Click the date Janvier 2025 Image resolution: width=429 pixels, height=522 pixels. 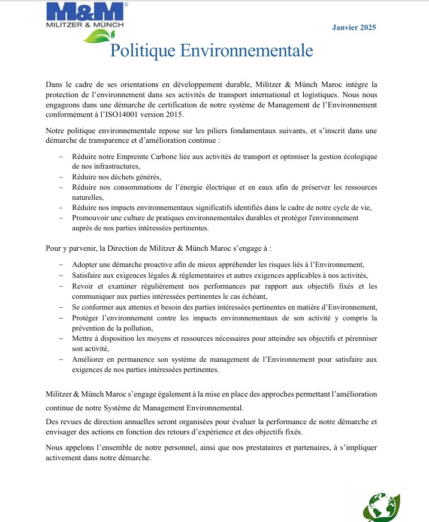[x=354, y=28]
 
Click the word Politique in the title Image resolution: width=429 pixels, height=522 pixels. [x=138, y=51]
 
